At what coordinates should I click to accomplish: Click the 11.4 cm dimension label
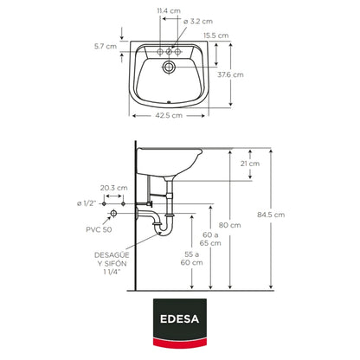click(169, 11)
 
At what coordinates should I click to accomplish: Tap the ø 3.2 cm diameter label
click(198, 22)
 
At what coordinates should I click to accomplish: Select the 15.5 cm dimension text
click(215, 35)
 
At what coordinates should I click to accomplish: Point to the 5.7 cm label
click(106, 46)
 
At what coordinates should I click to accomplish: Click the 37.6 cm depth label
click(230, 74)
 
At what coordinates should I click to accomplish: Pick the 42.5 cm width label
click(169, 115)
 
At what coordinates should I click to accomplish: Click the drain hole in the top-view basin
click(169, 67)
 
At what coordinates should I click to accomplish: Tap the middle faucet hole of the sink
click(169, 52)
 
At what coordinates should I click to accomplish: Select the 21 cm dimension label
click(250, 164)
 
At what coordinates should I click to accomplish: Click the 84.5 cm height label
click(271, 215)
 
